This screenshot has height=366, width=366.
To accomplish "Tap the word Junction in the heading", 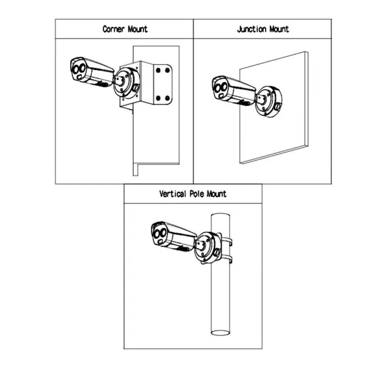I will click(252, 29).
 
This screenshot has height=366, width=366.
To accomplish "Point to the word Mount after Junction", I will click(279, 29).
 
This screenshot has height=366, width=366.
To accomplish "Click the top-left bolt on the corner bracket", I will click(158, 70).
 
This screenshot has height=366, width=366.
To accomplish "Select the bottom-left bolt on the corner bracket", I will click(158, 97).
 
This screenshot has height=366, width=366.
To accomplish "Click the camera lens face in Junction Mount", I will click(221, 88).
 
